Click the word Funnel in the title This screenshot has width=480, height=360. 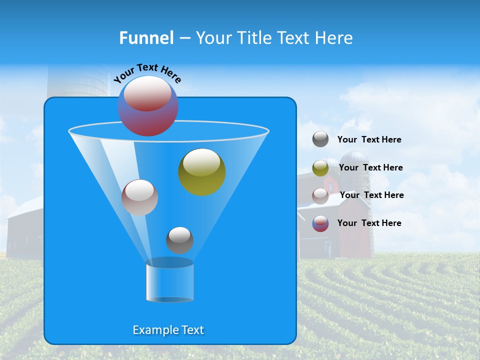click(146, 38)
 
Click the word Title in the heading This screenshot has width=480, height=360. click(254, 38)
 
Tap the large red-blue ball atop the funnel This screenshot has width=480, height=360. click(148, 105)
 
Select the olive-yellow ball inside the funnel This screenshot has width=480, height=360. click(201, 171)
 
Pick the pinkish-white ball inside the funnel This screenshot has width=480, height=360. click(139, 197)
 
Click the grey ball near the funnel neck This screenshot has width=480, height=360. click(179, 240)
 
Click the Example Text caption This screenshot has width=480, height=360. click(168, 330)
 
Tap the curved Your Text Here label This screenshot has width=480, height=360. click(147, 73)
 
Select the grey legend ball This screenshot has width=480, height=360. click(320, 139)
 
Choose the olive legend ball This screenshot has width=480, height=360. click(320, 168)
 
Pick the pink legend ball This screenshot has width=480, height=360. click(320, 196)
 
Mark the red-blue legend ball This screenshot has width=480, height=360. click(320, 223)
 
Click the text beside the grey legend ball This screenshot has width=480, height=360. click(369, 140)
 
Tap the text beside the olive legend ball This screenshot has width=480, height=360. click(370, 167)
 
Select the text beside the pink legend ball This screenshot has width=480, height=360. click(371, 195)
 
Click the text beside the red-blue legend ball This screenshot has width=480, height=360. click(369, 223)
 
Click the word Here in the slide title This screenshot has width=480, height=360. click(334, 38)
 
